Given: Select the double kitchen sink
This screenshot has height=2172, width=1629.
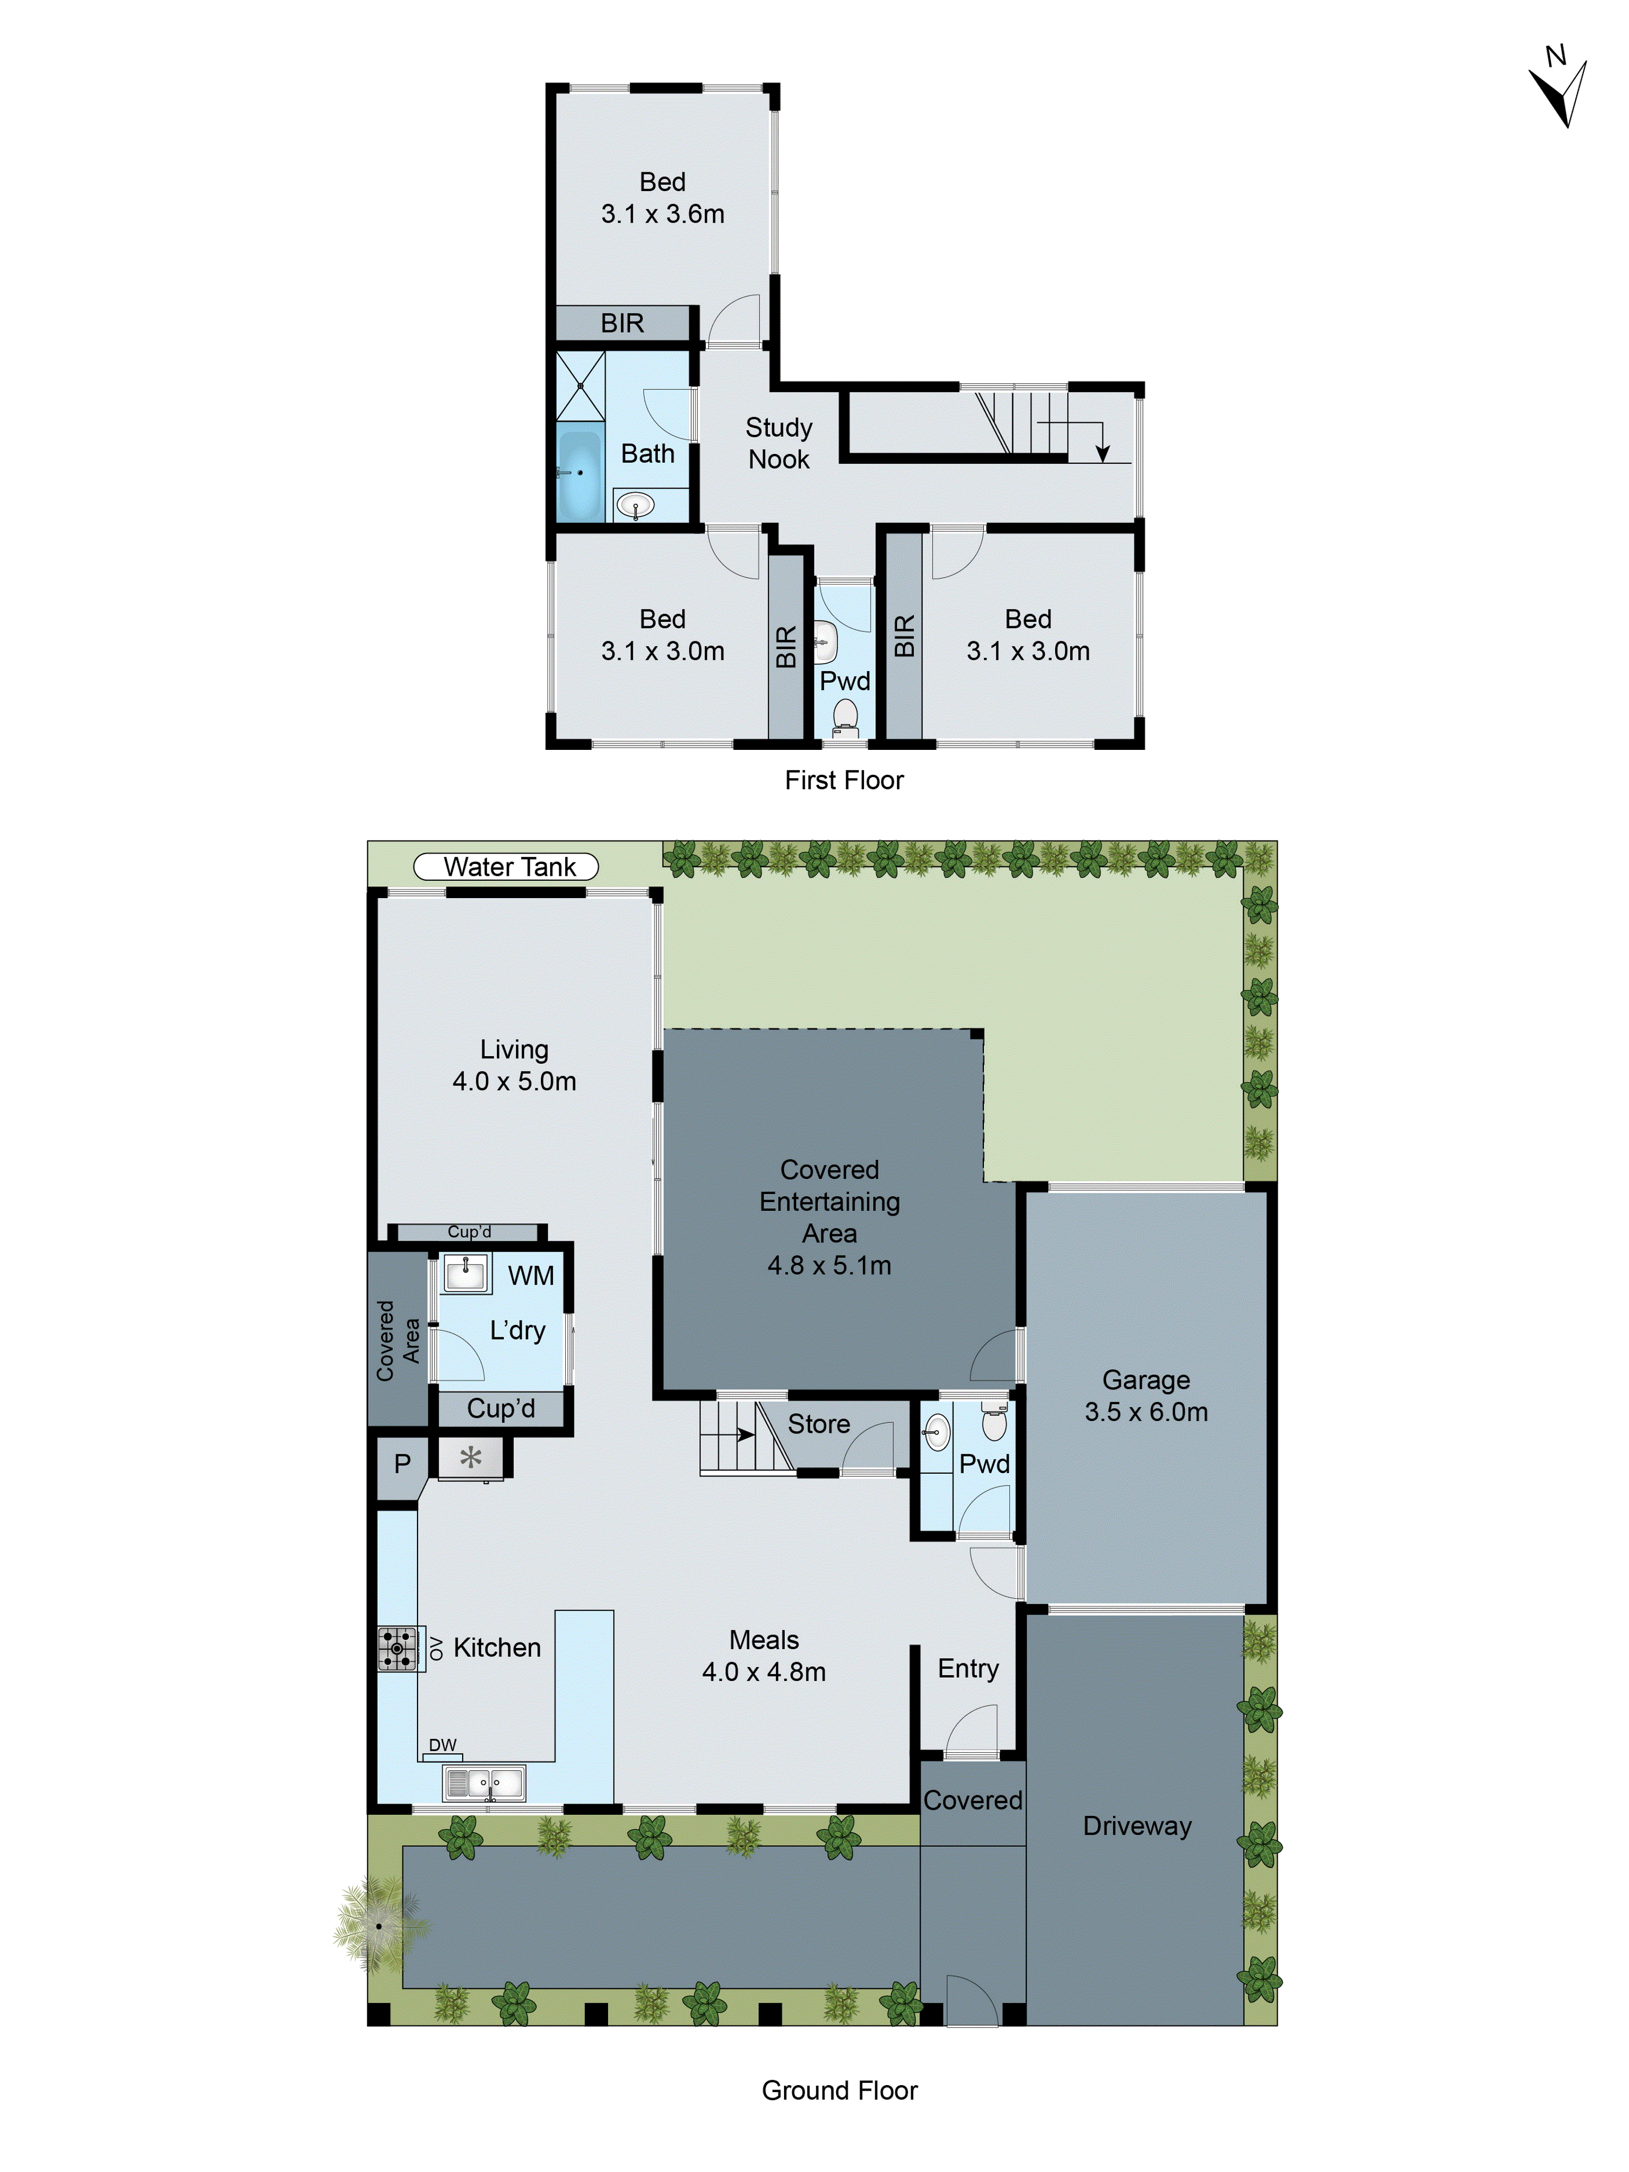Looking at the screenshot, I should [x=484, y=1782].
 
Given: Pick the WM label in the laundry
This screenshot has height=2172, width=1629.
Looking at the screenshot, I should [x=530, y=1276].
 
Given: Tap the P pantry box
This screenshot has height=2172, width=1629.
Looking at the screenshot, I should [x=402, y=1464].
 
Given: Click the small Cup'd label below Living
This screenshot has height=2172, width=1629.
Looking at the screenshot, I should [x=469, y=1232].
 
